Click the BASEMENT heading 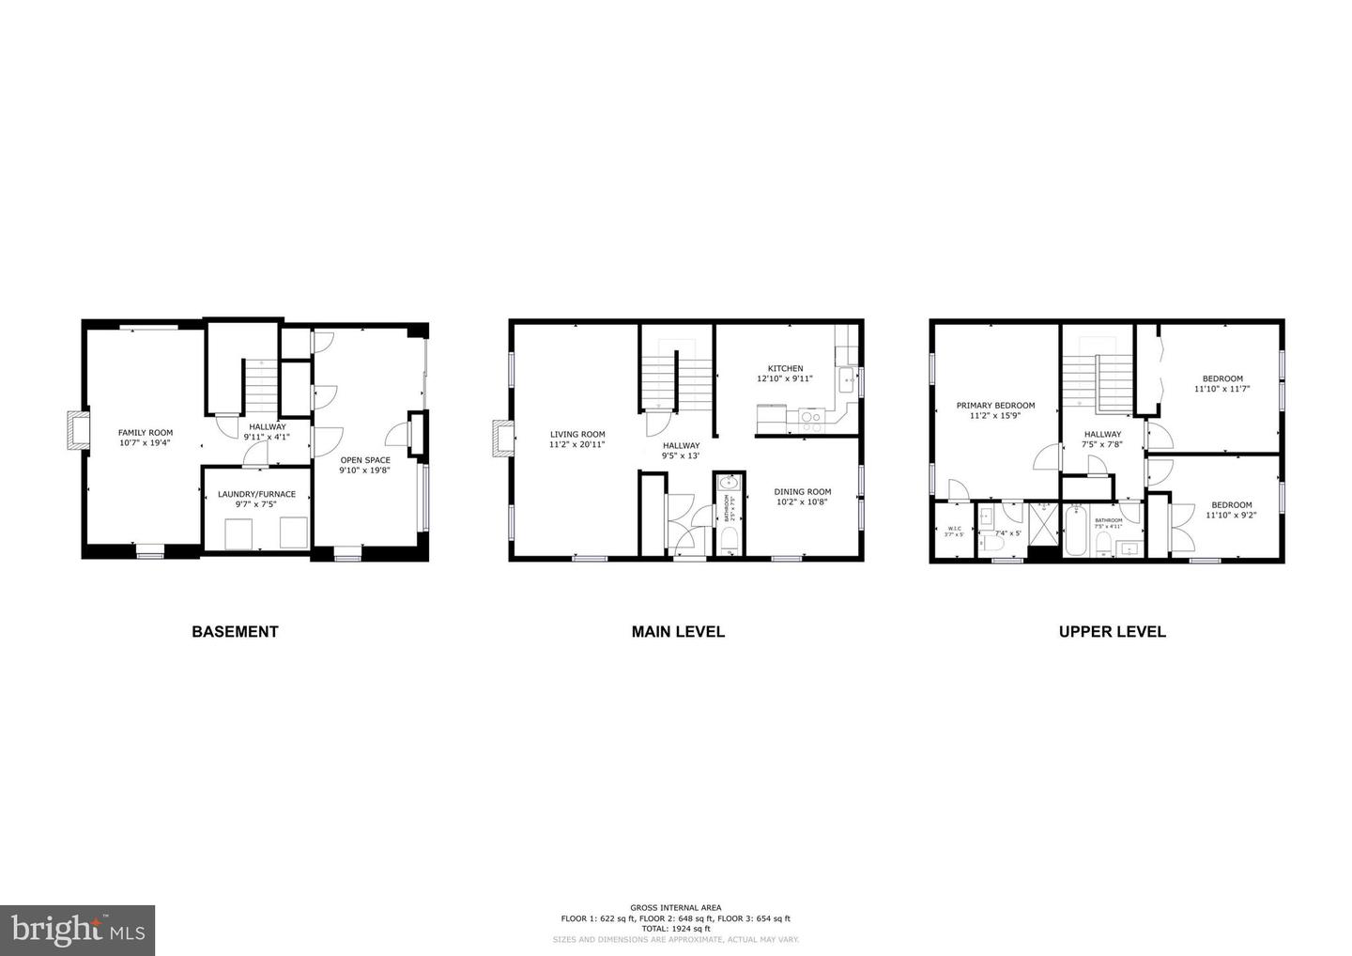coord(235,632)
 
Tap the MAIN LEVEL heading coord(678,632)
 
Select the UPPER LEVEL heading coord(1112,632)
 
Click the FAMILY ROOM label coord(146,433)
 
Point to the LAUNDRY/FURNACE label coord(256,494)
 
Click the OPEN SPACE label coord(365,460)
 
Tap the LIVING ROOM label coord(577,435)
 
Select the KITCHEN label coord(785,368)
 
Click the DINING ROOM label coord(803,491)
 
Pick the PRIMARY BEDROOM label coord(995,406)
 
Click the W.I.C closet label coord(954,529)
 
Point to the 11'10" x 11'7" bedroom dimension coord(1222,389)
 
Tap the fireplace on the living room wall coord(501,438)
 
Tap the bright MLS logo coord(77,931)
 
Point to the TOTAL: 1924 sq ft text coord(676,929)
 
